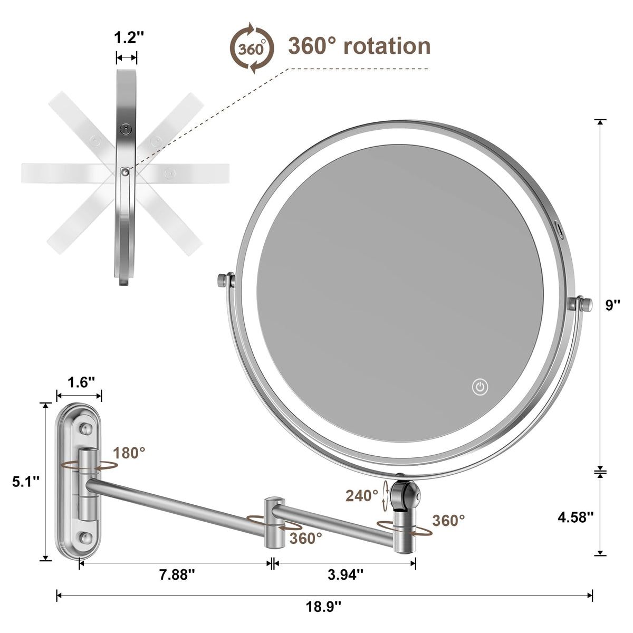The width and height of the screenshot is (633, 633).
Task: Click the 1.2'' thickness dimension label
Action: tap(129, 37)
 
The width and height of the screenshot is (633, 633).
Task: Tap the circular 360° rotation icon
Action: tap(252, 49)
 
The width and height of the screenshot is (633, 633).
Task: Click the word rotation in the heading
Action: tap(387, 46)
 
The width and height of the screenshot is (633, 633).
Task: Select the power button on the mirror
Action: tap(480, 387)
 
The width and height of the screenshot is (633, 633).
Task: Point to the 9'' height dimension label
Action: tap(613, 305)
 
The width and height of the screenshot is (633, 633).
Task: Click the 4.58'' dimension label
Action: tap(576, 517)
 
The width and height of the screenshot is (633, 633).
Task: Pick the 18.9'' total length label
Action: tap(323, 607)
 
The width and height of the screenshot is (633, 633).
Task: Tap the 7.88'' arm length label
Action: tap(177, 574)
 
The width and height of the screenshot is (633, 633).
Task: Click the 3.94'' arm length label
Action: tap(345, 574)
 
